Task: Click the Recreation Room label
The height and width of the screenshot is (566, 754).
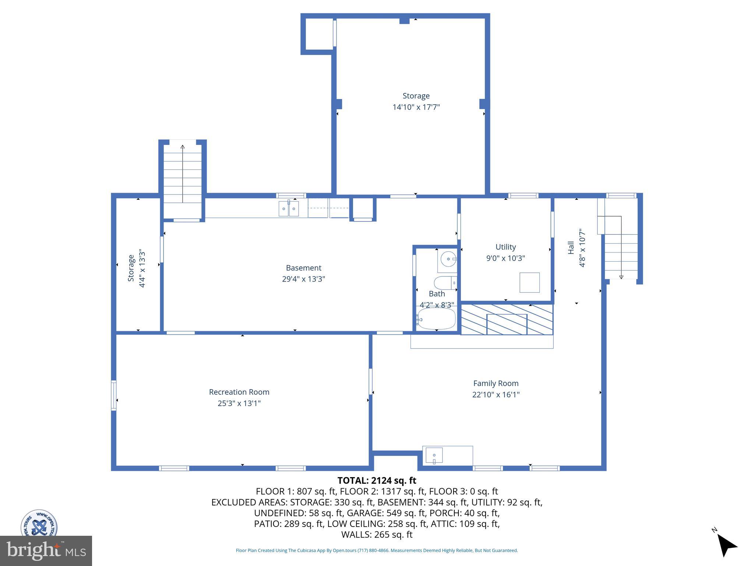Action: (x=239, y=392)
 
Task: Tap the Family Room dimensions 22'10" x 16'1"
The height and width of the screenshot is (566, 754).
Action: (x=496, y=395)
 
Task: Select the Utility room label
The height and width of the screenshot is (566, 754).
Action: (x=505, y=247)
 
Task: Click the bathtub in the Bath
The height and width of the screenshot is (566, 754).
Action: (x=437, y=319)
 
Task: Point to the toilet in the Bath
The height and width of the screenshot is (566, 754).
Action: (x=445, y=283)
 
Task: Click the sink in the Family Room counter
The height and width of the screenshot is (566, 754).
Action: (x=434, y=455)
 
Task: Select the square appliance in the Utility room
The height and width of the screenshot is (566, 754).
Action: (x=529, y=283)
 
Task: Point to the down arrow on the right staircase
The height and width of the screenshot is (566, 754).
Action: (x=621, y=277)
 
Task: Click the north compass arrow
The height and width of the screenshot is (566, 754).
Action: (x=726, y=546)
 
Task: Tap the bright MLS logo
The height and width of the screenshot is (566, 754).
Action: (x=46, y=551)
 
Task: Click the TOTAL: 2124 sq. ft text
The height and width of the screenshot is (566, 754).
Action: (x=377, y=481)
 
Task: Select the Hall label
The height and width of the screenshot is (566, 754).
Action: (x=571, y=248)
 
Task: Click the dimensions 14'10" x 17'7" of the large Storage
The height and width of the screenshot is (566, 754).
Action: (x=416, y=107)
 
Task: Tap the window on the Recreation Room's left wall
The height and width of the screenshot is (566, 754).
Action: (x=114, y=395)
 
